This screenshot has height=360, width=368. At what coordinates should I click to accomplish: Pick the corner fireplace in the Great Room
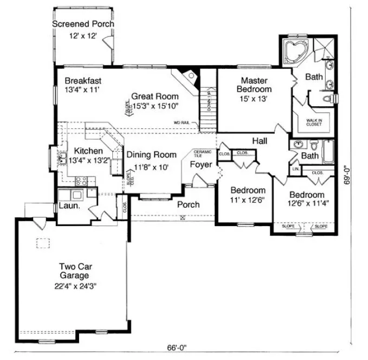tap(187, 79)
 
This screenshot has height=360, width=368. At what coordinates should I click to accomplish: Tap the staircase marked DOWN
tap(208, 103)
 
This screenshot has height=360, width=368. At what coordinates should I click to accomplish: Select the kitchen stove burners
tap(81, 181)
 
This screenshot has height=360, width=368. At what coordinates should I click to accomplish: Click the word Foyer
tap(201, 164)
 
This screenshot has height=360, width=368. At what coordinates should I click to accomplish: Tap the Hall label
tap(259, 141)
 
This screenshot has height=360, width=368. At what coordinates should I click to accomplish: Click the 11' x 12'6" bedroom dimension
tap(247, 200)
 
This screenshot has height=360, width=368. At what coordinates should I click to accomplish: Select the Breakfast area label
tap(81, 81)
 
